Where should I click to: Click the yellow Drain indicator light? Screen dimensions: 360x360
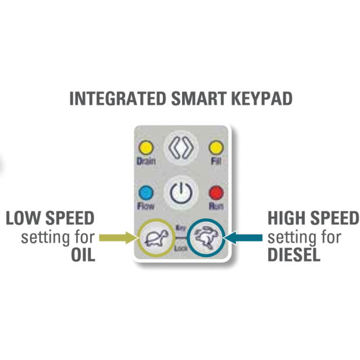(x=146, y=148)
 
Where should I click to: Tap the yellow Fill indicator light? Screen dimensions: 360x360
(x=216, y=148)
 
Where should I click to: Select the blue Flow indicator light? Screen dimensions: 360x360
(x=146, y=193)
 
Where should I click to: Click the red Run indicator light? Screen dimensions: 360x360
(x=216, y=193)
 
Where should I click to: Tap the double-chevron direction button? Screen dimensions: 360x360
(x=181, y=148)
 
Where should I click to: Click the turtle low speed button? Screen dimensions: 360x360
(x=156, y=238)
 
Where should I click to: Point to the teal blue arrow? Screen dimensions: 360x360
(x=243, y=238)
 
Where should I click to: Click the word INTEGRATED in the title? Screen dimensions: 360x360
(x=118, y=98)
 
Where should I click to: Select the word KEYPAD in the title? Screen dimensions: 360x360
(x=262, y=98)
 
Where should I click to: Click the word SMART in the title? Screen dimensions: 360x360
(x=198, y=98)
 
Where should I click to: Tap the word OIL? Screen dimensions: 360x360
(x=83, y=255)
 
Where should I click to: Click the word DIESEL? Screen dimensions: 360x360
(x=294, y=255)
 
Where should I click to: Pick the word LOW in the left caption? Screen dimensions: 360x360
(x=23, y=218)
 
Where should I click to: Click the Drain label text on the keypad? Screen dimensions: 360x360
(x=146, y=161)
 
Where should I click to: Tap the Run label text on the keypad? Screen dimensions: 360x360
(x=216, y=206)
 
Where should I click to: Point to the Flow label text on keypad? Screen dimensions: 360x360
(x=145, y=206)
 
